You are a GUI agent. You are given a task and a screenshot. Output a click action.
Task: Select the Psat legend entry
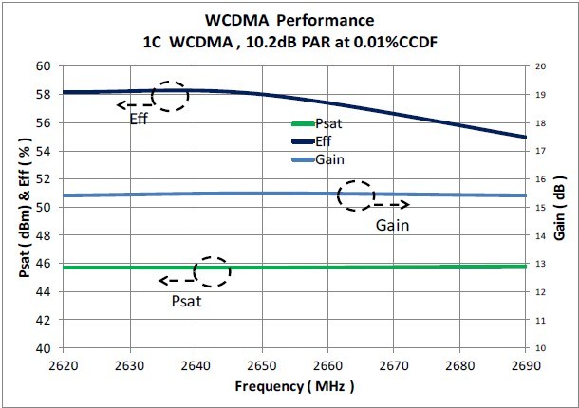[327, 124]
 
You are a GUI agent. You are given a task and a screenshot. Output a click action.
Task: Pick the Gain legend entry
[327, 158]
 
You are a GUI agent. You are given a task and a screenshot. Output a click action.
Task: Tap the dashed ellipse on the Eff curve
[170, 96]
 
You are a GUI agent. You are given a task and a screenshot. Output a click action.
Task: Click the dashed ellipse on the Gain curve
[356, 195]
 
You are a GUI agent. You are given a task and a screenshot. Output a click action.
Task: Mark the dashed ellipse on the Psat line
[212, 271]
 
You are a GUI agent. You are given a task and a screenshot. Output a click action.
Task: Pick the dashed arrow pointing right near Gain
[390, 204]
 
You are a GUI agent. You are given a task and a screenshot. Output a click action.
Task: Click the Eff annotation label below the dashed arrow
[140, 121]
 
